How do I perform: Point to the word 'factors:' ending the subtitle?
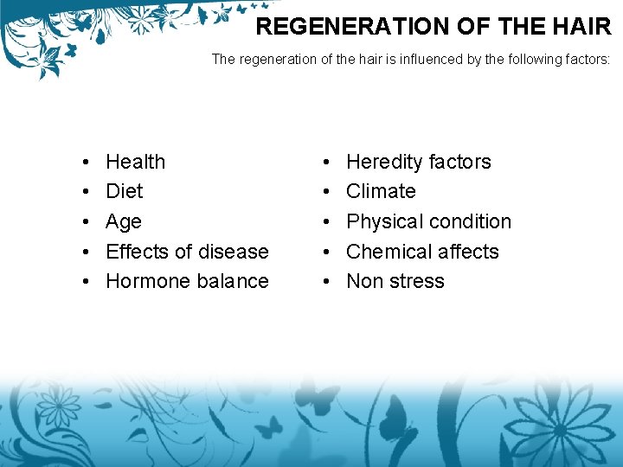click(584, 60)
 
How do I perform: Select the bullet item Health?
click(135, 162)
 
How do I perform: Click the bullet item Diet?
click(124, 191)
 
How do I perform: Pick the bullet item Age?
click(123, 222)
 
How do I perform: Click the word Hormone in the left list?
click(143, 281)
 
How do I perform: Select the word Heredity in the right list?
click(383, 162)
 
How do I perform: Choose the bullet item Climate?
click(381, 191)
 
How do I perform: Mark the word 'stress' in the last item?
click(416, 281)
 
